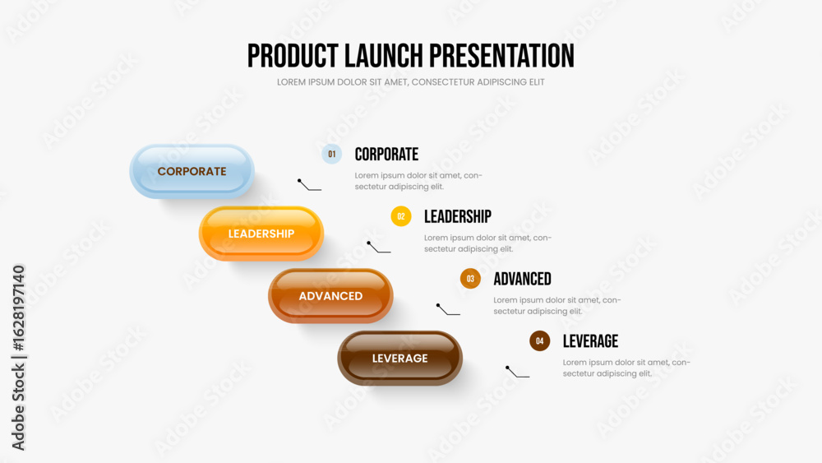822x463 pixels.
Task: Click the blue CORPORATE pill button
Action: (192, 171)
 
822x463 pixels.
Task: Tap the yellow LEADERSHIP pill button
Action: (261, 234)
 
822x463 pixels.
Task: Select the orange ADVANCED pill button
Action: (330, 296)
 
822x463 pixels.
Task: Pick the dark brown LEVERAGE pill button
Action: (400, 358)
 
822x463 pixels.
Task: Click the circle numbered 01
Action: (332, 154)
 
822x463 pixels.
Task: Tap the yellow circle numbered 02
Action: (401, 216)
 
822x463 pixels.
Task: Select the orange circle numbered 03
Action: (470, 279)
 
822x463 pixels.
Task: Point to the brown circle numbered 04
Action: (539, 340)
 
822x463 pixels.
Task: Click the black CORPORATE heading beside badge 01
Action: (386, 154)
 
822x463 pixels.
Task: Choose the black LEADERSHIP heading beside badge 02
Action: (458, 216)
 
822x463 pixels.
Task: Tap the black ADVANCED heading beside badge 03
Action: (522, 279)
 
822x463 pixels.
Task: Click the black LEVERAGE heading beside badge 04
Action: (590, 341)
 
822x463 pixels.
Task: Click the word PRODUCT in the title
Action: (293, 56)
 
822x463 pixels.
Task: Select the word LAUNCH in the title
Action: (384, 56)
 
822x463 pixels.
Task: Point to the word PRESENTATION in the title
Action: (501, 56)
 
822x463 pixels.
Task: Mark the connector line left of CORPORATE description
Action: (309, 185)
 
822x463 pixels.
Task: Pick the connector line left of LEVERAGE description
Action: (517, 372)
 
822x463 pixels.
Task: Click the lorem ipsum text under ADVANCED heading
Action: (556, 306)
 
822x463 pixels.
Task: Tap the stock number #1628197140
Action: (18, 308)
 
